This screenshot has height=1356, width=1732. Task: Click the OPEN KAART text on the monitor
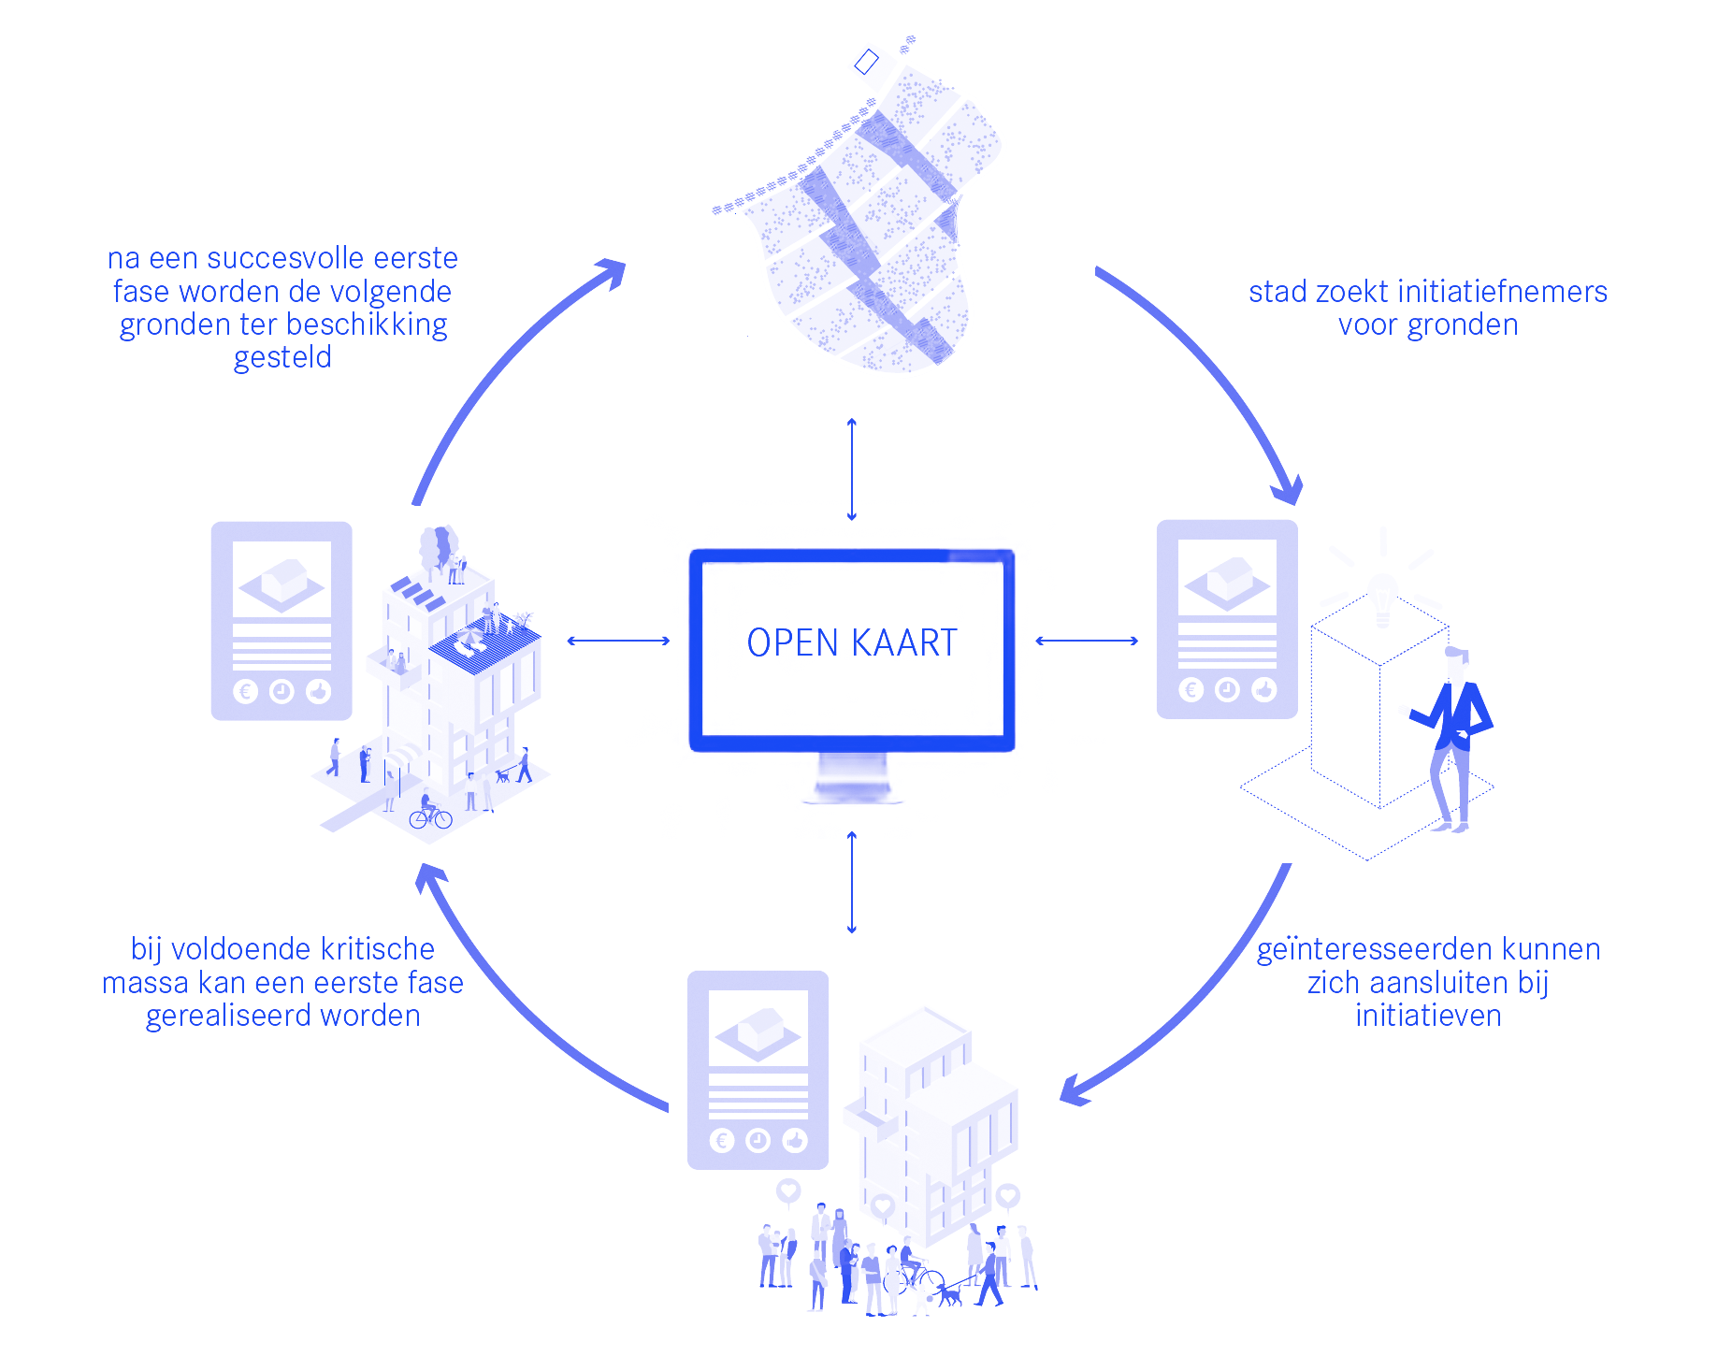coord(851,642)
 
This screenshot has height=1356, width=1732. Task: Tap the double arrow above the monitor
coord(851,469)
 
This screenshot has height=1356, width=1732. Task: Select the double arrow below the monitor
coord(851,882)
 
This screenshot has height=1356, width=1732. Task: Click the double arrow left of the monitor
coord(618,641)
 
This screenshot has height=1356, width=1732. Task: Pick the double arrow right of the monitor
coord(1087,641)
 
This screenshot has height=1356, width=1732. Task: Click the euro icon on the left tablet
coord(245,691)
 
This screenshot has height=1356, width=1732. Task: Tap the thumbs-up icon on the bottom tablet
coord(795,1140)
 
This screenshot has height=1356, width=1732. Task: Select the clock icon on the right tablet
coord(1227,689)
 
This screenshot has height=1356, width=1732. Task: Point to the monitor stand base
coord(851,794)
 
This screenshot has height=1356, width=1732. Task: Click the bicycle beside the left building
coord(430,819)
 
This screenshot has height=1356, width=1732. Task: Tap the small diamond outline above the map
coord(867,62)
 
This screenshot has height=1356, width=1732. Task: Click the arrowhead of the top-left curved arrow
coord(613,272)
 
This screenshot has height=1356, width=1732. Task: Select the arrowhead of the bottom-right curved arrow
coord(1074,1091)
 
